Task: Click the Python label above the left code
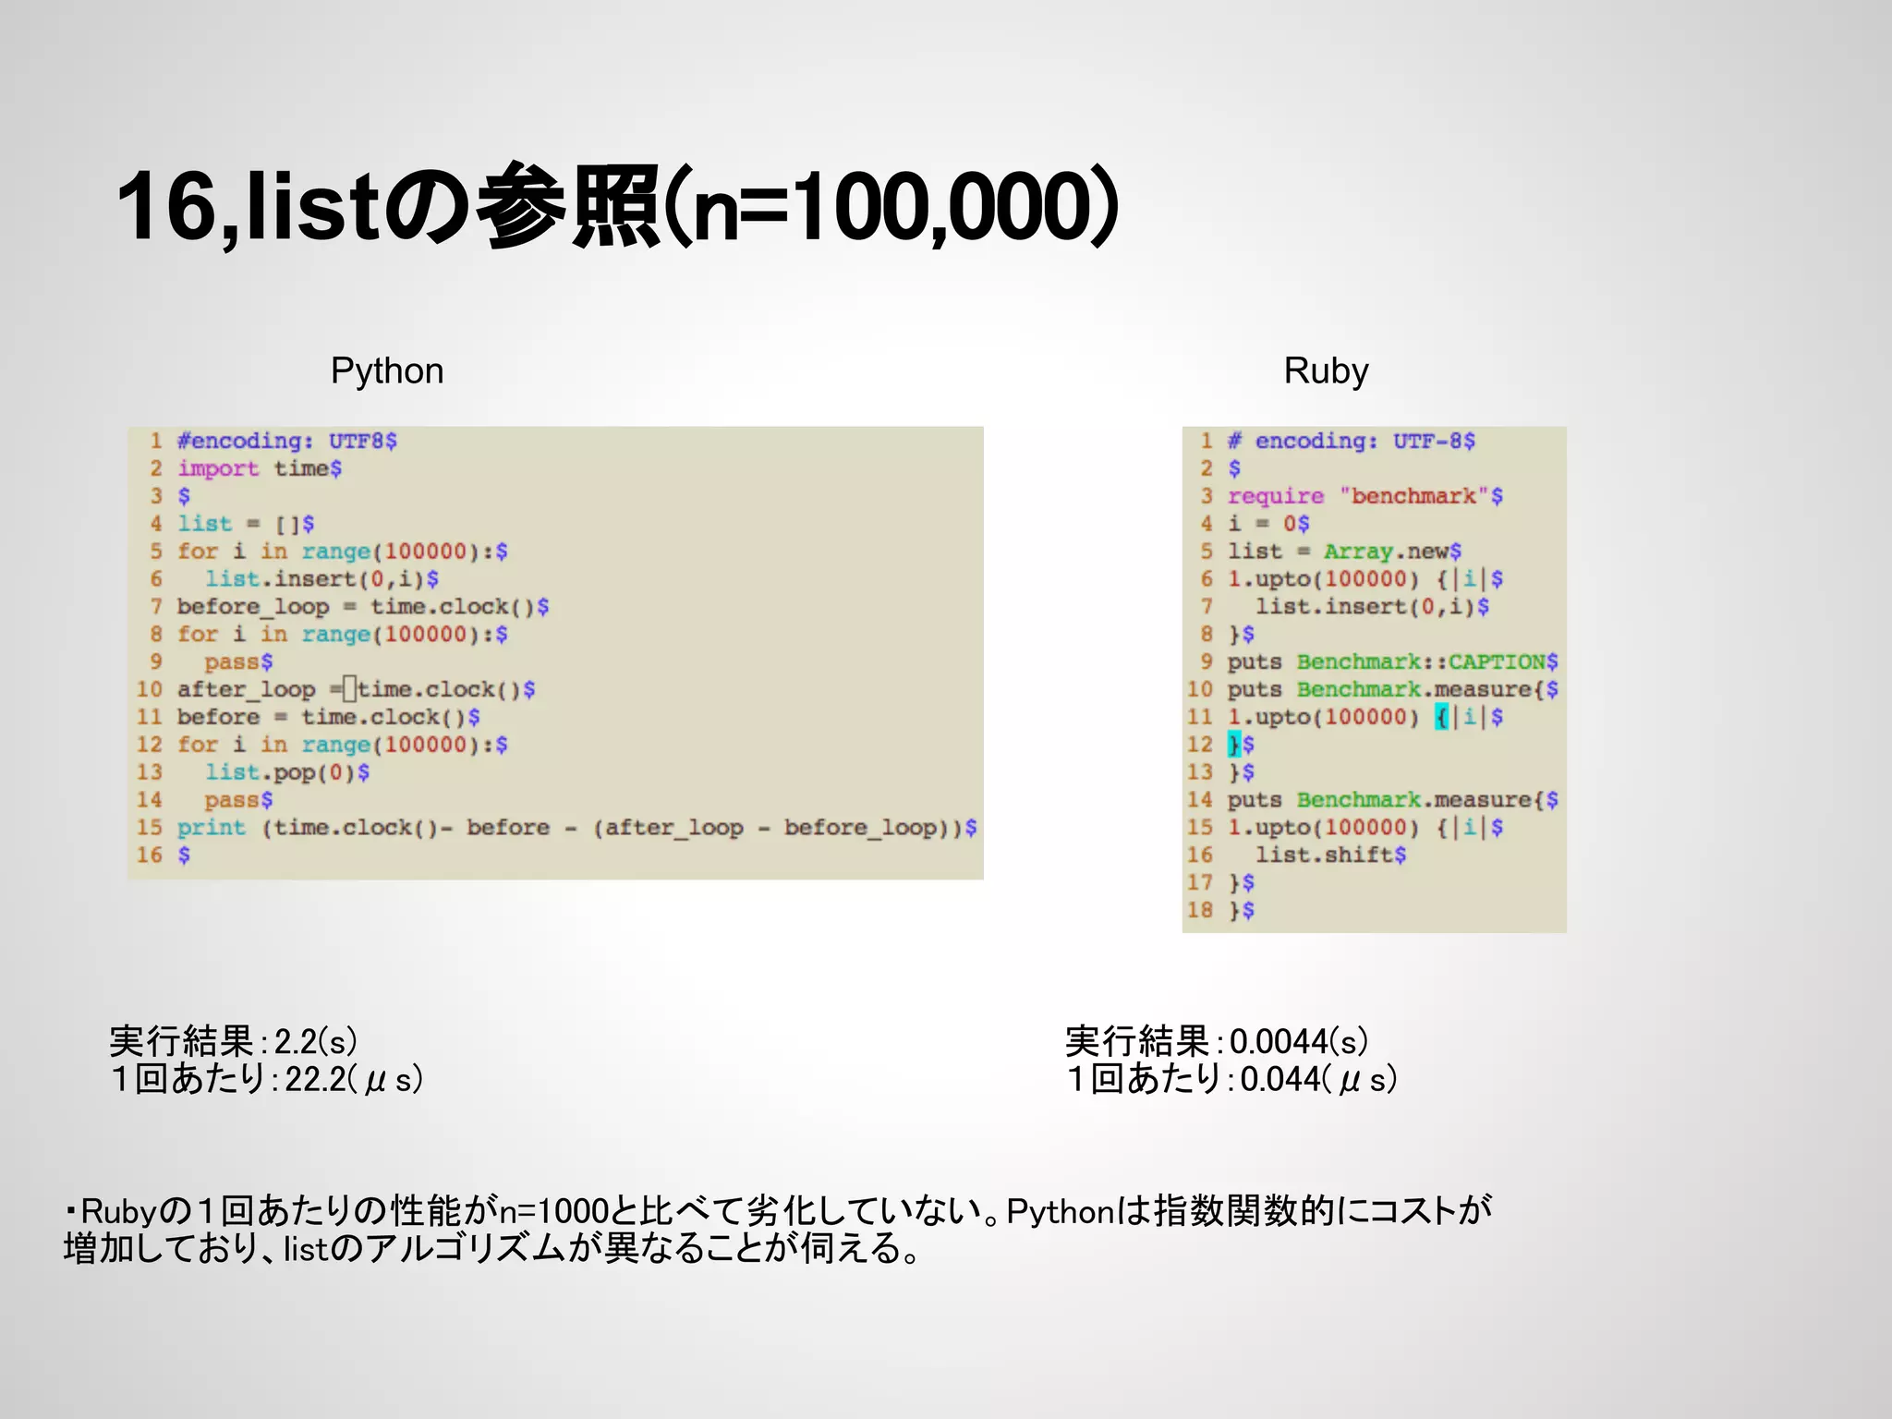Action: point(387,370)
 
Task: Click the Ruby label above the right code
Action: point(1326,370)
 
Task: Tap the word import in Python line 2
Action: point(218,468)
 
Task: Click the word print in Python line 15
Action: point(212,828)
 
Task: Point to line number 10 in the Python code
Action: point(150,689)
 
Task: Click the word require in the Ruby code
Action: point(1275,496)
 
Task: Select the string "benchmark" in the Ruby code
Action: point(1414,496)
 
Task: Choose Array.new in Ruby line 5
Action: point(1385,552)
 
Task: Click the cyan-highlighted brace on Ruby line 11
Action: point(1441,717)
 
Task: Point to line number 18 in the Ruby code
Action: point(1199,910)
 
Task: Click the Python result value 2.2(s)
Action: point(315,1042)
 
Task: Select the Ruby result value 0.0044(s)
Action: point(1298,1042)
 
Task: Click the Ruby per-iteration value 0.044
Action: point(1280,1079)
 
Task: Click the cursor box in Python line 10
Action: point(349,689)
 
